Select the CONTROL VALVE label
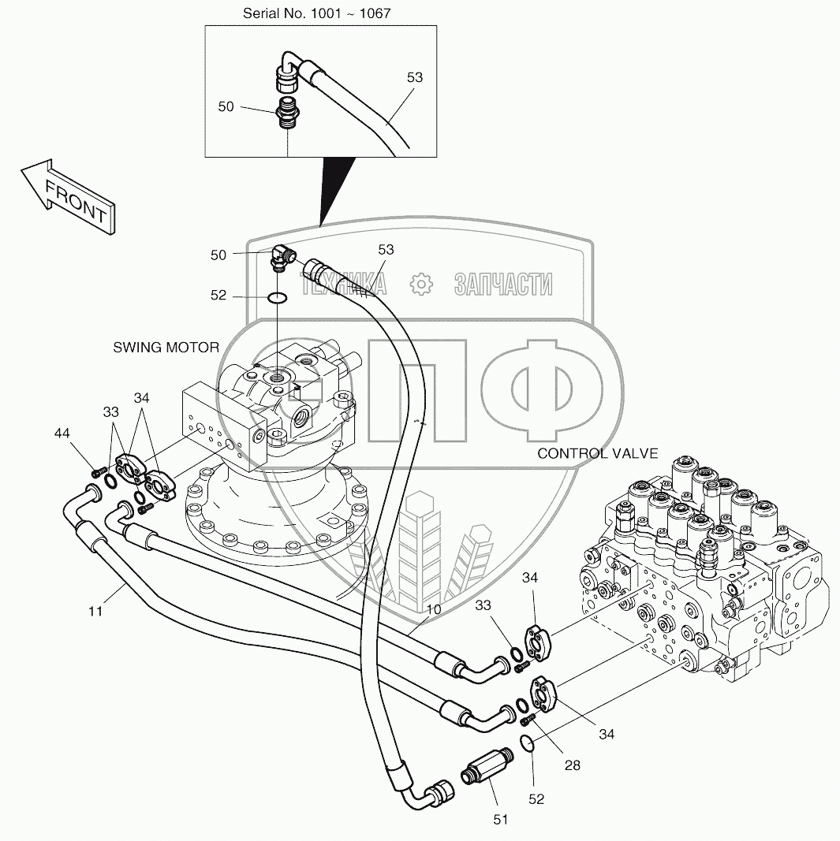(597, 453)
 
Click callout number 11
(95, 611)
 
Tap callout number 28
(573, 765)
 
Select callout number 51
(500, 820)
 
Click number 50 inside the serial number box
(226, 106)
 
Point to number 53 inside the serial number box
(415, 77)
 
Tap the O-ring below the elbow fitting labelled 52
(276, 298)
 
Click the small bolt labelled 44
(98, 472)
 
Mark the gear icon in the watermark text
(423, 284)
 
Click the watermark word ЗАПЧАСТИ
(502, 284)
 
